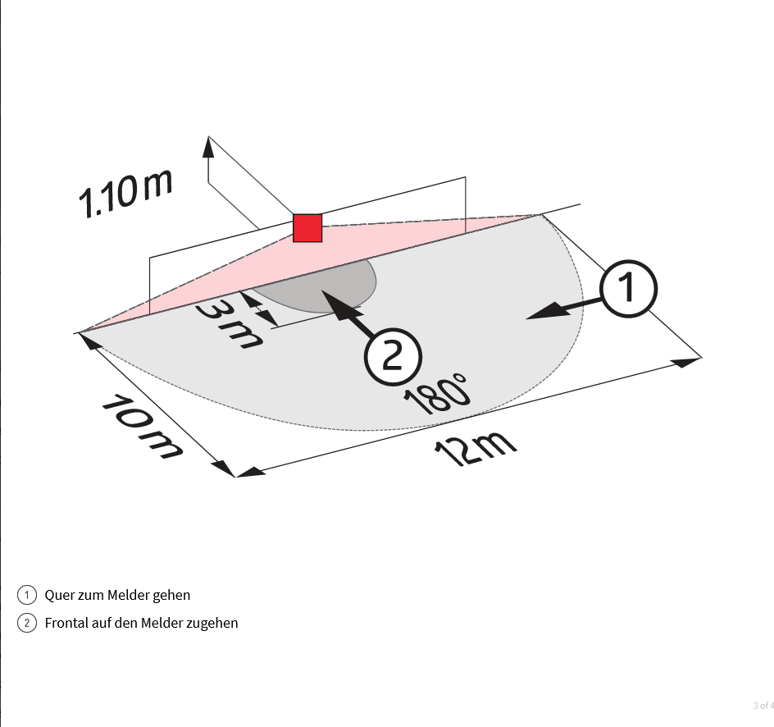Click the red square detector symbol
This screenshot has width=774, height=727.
[307, 228]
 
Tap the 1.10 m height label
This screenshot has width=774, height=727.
[126, 194]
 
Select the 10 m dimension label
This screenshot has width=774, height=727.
[142, 426]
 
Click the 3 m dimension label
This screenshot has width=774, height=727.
[229, 324]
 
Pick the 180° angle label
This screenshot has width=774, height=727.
[437, 395]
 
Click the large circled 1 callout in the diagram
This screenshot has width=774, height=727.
[628, 289]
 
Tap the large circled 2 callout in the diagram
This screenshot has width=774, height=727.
[393, 356]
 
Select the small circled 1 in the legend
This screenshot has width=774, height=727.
[27, 595]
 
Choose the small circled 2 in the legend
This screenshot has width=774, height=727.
[27, 623]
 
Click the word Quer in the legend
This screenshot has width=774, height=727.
[57, 595]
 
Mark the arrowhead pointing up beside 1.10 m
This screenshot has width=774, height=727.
[208, 147]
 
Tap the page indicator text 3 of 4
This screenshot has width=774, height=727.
[763, 706]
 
